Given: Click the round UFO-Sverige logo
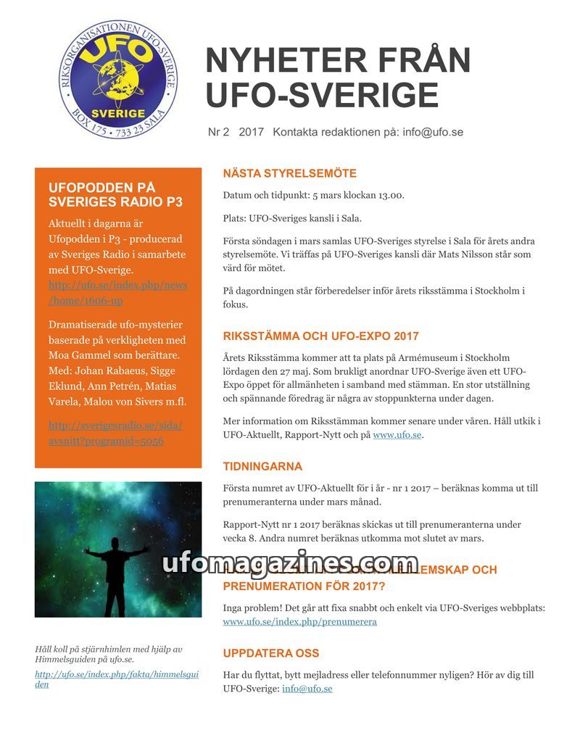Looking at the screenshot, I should [117, 79].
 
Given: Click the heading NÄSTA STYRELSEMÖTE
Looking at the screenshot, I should [289, 174].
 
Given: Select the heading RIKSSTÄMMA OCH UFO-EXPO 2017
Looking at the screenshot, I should [320, 336].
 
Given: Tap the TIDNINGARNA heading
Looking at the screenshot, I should [262, 466].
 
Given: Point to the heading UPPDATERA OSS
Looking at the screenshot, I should [270, 653].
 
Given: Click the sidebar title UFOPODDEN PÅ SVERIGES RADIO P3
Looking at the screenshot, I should [115, 195].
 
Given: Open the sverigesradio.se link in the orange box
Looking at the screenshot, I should [115, 433].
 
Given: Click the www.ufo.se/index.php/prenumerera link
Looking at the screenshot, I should [299, 622].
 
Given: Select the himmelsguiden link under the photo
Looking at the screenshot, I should [116, 679].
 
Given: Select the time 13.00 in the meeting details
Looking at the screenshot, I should [389, 195].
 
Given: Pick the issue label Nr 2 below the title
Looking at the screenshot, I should [218, 132].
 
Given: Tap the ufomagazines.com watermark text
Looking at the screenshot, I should [289, 564].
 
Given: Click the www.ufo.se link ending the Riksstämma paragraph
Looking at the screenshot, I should [397, 435].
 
